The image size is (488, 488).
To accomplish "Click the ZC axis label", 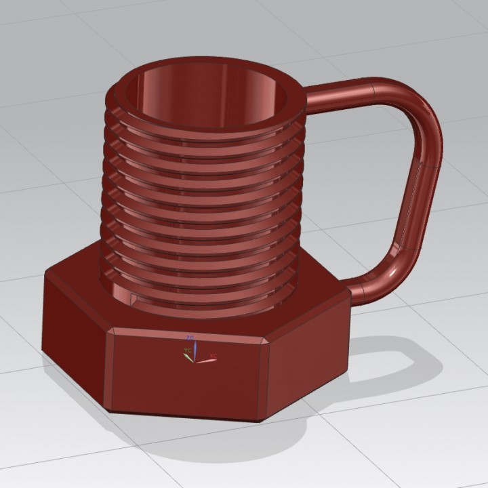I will (190, 337).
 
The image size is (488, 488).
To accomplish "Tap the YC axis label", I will (185, 351).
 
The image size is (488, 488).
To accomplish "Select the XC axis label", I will (213, 356).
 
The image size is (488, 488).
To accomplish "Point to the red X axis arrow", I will (205, 360).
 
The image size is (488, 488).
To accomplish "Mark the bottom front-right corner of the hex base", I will (261, 422).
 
